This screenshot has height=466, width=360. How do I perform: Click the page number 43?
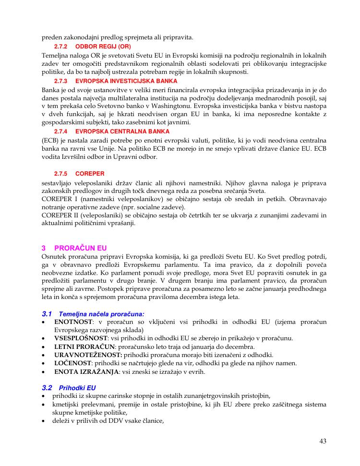click(323, 441)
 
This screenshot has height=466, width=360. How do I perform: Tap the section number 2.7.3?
click(60, 81)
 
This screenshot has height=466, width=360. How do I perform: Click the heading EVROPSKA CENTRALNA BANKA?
click(122, 131)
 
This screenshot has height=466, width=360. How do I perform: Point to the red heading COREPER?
click(90, 173)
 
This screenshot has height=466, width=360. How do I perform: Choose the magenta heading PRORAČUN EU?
click(81, 248)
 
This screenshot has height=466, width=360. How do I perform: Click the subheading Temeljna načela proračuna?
click(95, 313)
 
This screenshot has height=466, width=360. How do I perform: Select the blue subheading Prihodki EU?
click(77, 387)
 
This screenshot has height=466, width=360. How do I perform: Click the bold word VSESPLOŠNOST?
click(81, 338)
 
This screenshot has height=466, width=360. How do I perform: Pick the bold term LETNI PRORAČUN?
click(84, 347)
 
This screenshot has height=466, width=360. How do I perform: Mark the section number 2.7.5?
click(60, 173)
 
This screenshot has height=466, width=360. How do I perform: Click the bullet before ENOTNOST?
click(44, 322)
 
